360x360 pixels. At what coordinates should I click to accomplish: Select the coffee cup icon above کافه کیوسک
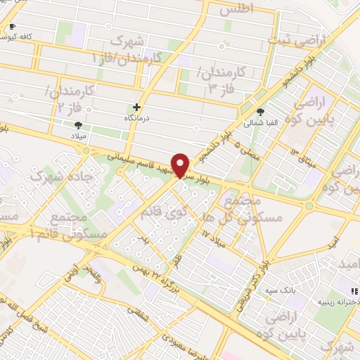11,27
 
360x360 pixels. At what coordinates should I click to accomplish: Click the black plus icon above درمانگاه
137,108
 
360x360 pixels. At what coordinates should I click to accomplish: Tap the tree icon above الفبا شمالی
261,111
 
